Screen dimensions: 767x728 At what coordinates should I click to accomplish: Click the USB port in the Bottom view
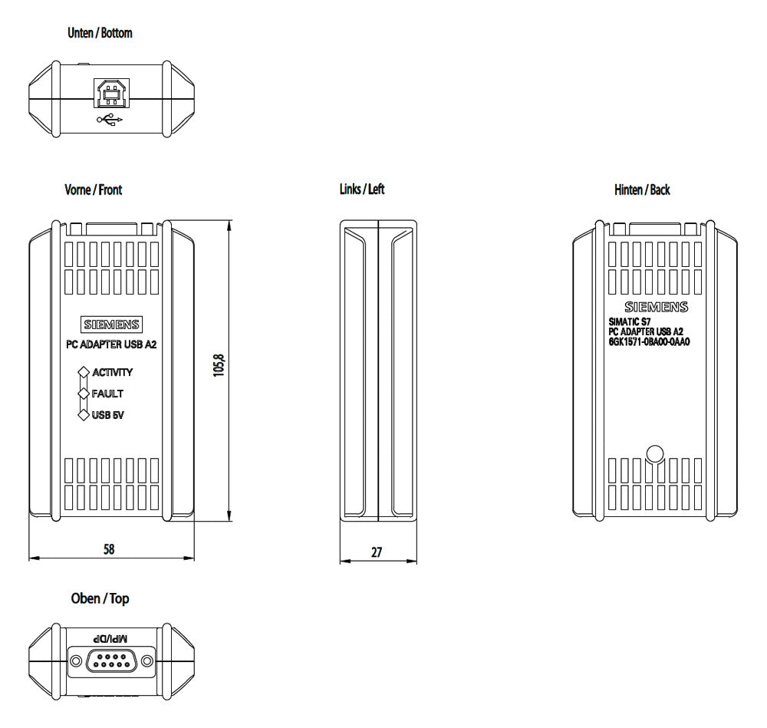(112, 93)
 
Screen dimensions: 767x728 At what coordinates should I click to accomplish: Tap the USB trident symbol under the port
(110, 120)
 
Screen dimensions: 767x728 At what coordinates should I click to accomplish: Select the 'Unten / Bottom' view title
(100, 33)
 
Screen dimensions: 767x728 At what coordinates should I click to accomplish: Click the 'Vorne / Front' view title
(94, 189)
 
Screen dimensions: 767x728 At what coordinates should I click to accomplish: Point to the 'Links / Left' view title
(362, 189)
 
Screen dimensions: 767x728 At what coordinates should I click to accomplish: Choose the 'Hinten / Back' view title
(642, 189)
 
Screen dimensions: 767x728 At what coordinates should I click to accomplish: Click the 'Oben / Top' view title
(100, 598)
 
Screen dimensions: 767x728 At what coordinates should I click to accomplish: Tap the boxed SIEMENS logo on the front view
(111, 324)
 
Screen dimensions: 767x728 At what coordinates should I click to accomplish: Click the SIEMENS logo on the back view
(656, 307)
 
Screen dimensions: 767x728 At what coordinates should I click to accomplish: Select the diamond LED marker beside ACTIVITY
(84, 372)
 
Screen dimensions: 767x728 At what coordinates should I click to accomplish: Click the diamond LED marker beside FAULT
(84, 394)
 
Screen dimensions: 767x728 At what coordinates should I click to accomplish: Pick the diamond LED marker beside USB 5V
(84, 415)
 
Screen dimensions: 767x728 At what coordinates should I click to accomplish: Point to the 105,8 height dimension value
(219, 365)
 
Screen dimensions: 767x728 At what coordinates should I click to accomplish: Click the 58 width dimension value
(109, 549)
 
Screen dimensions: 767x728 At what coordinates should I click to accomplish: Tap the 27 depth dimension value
(376, 552)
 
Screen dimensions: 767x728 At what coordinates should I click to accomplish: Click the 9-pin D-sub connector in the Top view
(111, 661)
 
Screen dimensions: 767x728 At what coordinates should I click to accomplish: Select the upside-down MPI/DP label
(110, 638)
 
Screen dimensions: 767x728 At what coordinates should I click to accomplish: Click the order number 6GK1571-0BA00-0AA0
(649, 342)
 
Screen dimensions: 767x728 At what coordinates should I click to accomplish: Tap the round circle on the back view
(655, 454)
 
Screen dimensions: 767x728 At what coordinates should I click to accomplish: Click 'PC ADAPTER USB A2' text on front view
(111, 344)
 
